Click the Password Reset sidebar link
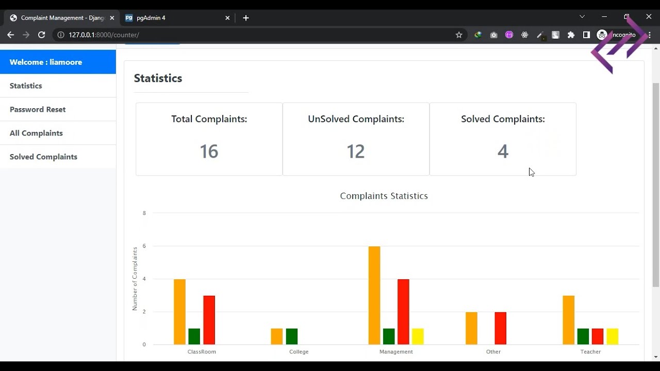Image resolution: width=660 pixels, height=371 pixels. [38, 109]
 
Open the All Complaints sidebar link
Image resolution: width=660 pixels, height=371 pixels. [36, 133]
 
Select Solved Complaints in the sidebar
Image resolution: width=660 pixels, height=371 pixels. [43, 157]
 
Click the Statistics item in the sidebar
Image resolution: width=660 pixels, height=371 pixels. [26, 86]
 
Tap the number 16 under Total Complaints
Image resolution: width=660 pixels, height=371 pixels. [209, 151]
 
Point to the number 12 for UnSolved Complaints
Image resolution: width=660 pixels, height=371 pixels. [356, 151]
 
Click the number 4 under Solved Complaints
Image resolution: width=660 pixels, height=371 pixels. [503, 151]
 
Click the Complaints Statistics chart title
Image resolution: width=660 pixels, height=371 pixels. [384, 196]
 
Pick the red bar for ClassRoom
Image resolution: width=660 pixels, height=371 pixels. [209, 320]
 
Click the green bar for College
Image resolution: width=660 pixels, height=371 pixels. [292, 336]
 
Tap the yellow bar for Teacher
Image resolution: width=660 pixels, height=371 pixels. [612, 336]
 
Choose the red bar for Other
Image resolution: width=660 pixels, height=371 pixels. [500, 328]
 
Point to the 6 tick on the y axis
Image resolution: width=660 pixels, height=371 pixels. [144, 246]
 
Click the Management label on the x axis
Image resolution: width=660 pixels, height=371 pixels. [396, 352]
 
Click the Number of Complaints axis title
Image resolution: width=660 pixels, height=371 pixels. [135, 279]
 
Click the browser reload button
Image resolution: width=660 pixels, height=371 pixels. [42, 35]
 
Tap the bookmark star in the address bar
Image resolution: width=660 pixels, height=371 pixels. [459, 35]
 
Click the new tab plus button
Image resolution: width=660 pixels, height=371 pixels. [246, 18]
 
